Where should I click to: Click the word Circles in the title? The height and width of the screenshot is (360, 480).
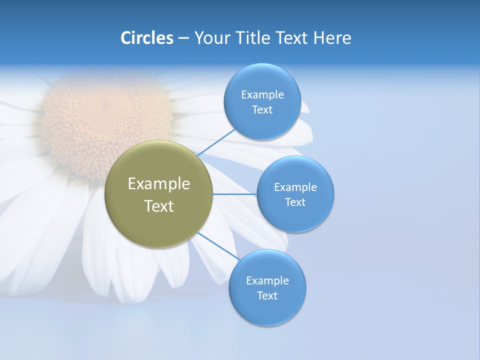146,38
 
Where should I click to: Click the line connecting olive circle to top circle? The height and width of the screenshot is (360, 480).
216,142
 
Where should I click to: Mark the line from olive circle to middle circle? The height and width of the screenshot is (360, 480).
234,194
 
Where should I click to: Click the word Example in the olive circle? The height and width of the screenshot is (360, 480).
158,184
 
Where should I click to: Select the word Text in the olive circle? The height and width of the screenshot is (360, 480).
158,206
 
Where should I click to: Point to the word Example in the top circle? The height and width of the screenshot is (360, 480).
262,94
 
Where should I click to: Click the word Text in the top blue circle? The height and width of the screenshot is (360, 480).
262,110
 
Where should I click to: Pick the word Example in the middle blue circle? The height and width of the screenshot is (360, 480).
295,187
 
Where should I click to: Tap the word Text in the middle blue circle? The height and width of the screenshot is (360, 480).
295,202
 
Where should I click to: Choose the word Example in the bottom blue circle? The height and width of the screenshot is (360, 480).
267,280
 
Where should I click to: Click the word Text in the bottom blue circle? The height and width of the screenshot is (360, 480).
267,295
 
